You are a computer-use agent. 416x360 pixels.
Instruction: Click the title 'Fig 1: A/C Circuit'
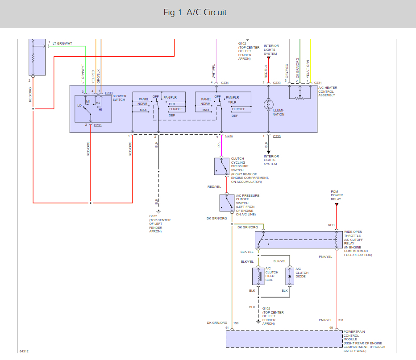coord(195,12)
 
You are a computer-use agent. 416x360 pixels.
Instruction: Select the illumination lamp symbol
coord(269,104)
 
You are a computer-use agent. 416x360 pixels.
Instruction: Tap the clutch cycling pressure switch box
coord(222,166)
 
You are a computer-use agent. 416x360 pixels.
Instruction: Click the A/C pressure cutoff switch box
coord(227,203)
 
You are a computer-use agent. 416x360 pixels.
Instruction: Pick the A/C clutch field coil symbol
coord(258,276)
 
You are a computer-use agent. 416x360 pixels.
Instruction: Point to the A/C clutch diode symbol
coord(290,276)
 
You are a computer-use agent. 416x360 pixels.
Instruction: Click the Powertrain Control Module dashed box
coord(284,339)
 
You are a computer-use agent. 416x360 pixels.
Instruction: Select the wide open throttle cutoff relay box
coord(295,240)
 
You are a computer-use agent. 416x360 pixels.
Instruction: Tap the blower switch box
coord(93,109)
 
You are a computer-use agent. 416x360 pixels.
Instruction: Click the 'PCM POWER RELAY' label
coord(337,195)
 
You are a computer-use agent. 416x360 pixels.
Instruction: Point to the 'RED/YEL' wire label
coord(214,186)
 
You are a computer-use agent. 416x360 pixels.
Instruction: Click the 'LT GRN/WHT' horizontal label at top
coord(62,43)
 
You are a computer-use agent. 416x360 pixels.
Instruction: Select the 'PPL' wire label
coord(219,145)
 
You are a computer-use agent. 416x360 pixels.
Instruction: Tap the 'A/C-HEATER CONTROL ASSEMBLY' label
coord(328,91)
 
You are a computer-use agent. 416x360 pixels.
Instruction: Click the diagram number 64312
coord(24,351)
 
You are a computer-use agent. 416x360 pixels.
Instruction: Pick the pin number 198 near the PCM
coord(236,323)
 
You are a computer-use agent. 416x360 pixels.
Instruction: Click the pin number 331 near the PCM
coord(341,320)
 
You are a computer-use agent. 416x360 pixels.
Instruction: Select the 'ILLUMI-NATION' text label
coord(279,112)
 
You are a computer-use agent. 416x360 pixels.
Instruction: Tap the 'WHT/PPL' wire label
coord(213,71)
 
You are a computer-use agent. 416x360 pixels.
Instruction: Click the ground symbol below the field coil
coord(258,322)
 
